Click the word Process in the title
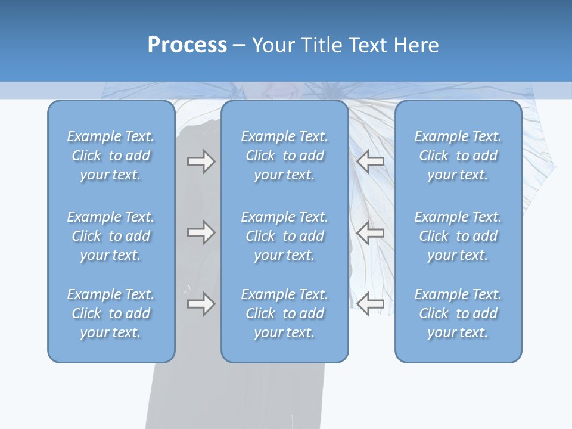[x=187, y=45]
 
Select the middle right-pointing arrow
[x=201, y=232]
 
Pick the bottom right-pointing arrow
[x=201, y=304]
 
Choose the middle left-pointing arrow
[x=371, y=232]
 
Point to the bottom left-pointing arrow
[x=371, y=304]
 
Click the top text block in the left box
[x=111, y=156]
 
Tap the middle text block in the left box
[x=111, y=236]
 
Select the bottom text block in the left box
[x=111, y=313]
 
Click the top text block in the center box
[x=285, y=156]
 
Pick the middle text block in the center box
[x=285, y=236]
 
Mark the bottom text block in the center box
[x=285, y=313]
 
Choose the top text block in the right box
[x=458, y=156]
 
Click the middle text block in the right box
[x=458, y=236]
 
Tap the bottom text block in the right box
[x=458, y=313]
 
